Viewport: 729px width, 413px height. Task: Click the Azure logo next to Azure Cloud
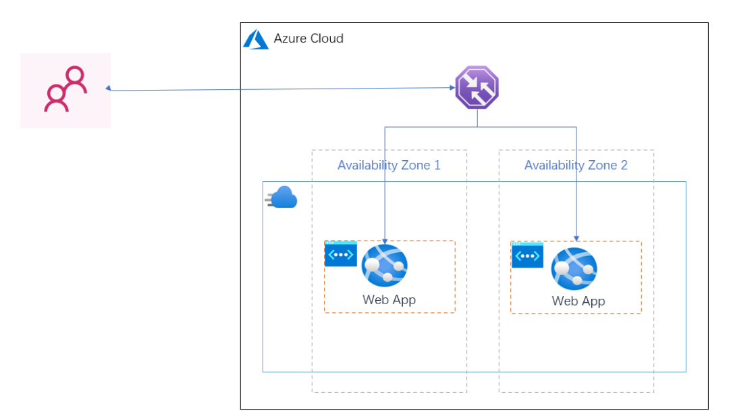tap(256, 39)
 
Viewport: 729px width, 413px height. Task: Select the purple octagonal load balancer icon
tap(477, 88)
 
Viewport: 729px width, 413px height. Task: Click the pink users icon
tap(65, 89)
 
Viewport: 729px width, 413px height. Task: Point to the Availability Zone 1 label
tap(389, 166)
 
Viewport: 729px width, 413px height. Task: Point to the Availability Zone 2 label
tap(576, 166)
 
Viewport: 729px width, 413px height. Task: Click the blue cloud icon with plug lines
tap(281, 197)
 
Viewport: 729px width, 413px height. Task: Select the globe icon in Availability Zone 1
tap(385, 266)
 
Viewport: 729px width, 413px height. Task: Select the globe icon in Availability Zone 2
tap(574, 268)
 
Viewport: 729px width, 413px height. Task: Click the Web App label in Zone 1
tap(389, 300)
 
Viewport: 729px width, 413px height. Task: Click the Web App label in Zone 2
tap(578, 301)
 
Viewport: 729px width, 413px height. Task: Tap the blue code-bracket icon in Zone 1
tap(341, 253)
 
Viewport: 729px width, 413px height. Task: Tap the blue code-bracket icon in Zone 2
tap(528, 255)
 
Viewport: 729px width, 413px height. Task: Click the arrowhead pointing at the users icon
tap(108, 88)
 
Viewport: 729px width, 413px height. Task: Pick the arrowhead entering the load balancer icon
tap(452, 88)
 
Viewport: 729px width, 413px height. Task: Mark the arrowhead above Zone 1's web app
tap(385, 241)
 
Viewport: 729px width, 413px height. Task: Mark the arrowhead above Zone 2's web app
tap(576, 239)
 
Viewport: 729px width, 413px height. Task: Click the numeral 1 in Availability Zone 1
tap(437, 166)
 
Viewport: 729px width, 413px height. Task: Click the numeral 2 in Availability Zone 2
tap(624, 166)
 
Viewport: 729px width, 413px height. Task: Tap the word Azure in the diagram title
tap(289, 38)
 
